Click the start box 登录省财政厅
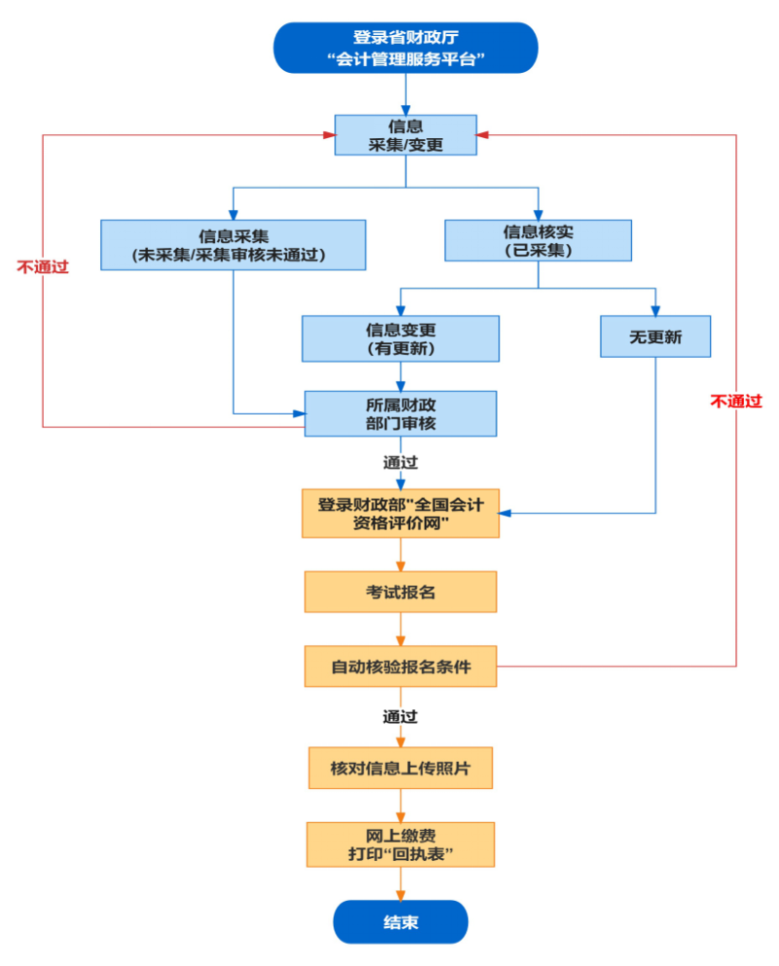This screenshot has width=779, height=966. coord(405,49)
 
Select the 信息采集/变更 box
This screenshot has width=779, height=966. coord(405,134)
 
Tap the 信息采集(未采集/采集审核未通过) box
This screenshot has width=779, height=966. coord(233,244)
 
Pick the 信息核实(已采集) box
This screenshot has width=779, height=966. coord(538,239)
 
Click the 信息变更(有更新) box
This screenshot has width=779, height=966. coord(400,339)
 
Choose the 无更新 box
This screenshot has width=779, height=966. coord(654,337)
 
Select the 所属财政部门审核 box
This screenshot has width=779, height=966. coord(400,413)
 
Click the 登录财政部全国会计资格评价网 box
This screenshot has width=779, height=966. coord(400,513)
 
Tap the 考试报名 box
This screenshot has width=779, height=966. coord(400,591)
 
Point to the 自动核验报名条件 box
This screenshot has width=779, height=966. coord(400,667)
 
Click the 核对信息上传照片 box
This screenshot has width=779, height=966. coord(400,768)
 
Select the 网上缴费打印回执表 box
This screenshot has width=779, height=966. coord(400,844)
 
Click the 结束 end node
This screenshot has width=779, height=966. coord(400,921)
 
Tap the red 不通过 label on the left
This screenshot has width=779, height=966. coord(43,266)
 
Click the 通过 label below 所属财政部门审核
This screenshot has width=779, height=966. coord(400,462)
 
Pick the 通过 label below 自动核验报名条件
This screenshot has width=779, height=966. coord(400,717)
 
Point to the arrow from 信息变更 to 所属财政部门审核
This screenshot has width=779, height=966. coord(400,376)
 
